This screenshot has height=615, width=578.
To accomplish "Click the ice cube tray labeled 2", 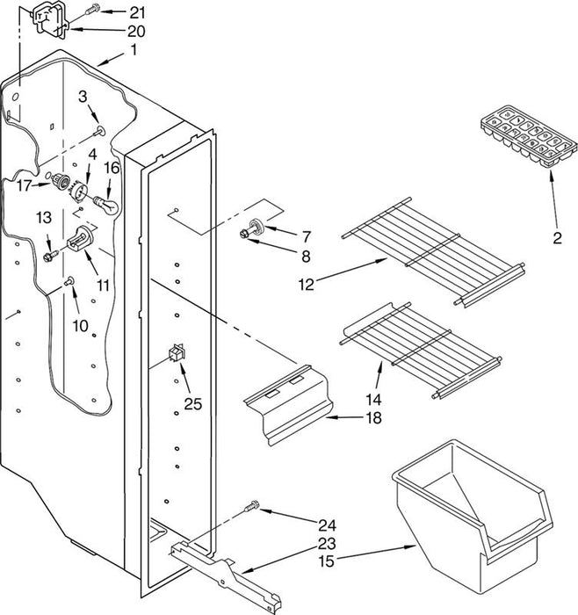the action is coord(529,136).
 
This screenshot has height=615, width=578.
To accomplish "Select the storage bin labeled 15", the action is coord(473,515).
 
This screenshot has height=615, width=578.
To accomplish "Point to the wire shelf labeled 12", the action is coord(433,251).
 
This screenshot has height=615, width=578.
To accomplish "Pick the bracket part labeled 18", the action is coord(289,404).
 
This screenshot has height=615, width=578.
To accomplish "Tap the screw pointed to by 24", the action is coord(252,506).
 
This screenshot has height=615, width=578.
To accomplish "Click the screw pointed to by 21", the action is coord(92,8).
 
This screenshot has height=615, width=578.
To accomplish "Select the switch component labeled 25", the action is coord(177,352).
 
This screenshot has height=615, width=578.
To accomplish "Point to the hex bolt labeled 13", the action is coord(50,257).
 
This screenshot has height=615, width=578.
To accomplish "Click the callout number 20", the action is coord(136,31).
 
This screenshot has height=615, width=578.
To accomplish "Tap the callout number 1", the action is coord(134,50).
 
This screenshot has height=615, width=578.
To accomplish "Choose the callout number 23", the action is coord(327,543).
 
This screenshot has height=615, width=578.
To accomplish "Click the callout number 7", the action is coord(307,236).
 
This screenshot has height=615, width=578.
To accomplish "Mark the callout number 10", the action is coord(81,326).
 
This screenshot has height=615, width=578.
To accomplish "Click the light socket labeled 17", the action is coord(61,181).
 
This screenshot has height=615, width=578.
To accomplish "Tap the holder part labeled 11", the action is coord(80,238).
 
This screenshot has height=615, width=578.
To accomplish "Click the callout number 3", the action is coord(83,97).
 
